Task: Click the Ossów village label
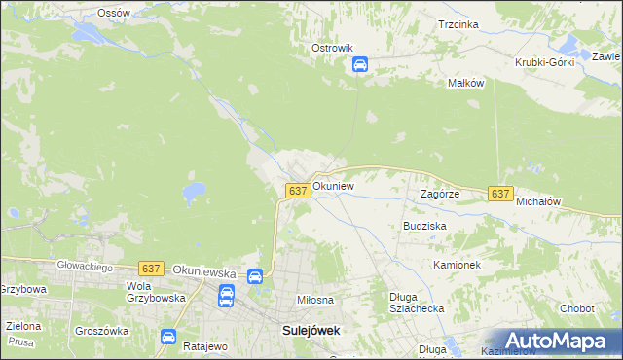pos(114,13)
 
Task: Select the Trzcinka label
pos(458,23)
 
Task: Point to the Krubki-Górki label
pos(545,61)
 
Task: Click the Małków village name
pos(465,84)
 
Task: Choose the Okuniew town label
pos(333,185)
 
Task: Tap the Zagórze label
pos(439,194)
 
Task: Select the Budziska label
pos(424,225)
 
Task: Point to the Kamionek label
pos(458,264)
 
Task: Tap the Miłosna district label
pos(315,301)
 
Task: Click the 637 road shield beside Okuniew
pos(299,191)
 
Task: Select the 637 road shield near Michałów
pos(500,194)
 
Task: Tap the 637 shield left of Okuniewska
pos(150,268)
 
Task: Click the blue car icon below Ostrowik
pos(359,65)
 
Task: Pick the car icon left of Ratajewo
pos(168,338)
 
